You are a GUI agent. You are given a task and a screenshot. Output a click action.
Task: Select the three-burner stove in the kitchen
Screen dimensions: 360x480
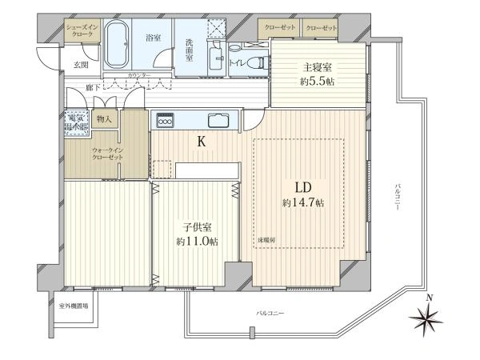(166, 122)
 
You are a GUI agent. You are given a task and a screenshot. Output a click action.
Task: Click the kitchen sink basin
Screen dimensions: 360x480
(218, 122)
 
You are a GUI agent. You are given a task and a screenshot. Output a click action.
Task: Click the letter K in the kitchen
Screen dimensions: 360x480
(202, 142)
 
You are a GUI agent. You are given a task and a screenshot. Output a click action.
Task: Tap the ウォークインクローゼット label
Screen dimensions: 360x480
(107, 154)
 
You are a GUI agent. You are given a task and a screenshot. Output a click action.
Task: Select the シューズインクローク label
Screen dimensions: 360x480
(81, 30)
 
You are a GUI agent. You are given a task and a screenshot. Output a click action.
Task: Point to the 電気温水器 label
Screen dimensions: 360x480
(78, 122)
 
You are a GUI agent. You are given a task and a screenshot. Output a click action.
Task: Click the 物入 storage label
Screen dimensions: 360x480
(105, 119)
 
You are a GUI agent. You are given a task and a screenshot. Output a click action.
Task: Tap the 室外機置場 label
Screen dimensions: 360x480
(73, 306)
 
